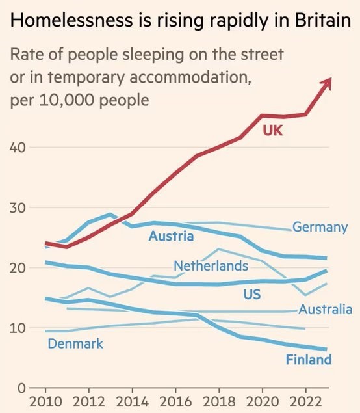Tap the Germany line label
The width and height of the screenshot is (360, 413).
pos(320,228)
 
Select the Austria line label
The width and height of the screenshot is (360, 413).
pos(171,236)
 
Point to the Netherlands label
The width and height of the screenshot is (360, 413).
pos(211,265)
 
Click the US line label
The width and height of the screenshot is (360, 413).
pos(252,295)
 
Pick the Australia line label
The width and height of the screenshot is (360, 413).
pos(325,310)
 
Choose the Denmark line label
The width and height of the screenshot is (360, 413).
pos(75,343)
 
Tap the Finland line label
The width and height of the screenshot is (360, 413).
pos(308,360)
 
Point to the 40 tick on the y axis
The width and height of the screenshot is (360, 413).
pos(18,147)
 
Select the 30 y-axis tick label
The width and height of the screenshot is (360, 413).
pos(18,207)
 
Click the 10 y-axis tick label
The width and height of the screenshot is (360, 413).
pos(18,328)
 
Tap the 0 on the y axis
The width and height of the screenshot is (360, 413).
pos(20,388)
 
